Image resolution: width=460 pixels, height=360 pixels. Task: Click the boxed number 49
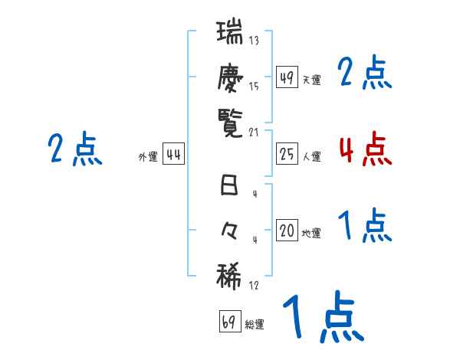click(287, 77)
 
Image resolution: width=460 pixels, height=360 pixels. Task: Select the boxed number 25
click(287, 155)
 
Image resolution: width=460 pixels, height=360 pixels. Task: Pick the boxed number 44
click(173, 155)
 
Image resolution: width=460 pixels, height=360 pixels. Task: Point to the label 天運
click(311, 80)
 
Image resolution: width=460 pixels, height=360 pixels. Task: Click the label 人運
click(311, 157)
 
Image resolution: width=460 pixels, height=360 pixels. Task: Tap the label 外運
click(147, 157)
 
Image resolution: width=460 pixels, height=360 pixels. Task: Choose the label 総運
click(255, 324)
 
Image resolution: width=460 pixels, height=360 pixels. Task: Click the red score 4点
click(365, 149)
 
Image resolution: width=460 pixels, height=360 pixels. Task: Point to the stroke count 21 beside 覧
click(255, 131)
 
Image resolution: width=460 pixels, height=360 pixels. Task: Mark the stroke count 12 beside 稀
click(254, 285)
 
